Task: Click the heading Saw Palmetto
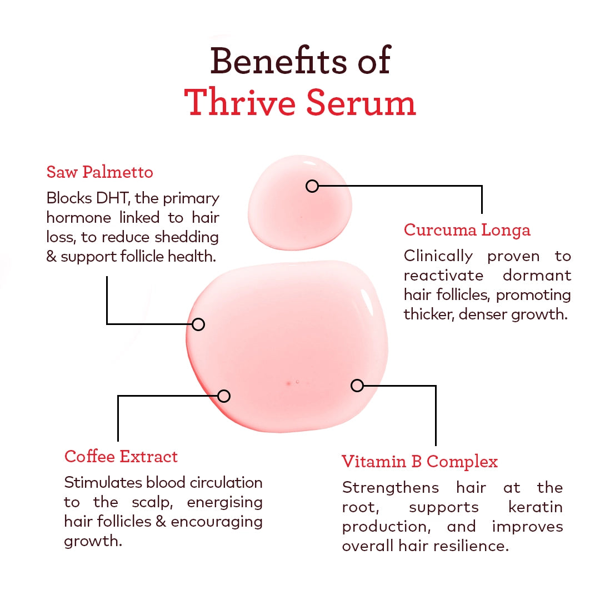tap(99, 172)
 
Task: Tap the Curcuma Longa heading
tap(467, 230)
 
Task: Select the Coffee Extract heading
tap(121, 457)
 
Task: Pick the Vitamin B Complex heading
tap(419, 462)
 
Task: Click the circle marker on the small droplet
tap(312, 186)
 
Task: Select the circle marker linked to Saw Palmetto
tap(198, 324)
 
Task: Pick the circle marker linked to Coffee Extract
tap(224, 396)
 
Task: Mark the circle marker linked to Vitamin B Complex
tap(357, 385)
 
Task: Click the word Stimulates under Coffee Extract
tap(103, 482)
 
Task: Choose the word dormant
tap(537, 276)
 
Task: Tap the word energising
tap(224, 502)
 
